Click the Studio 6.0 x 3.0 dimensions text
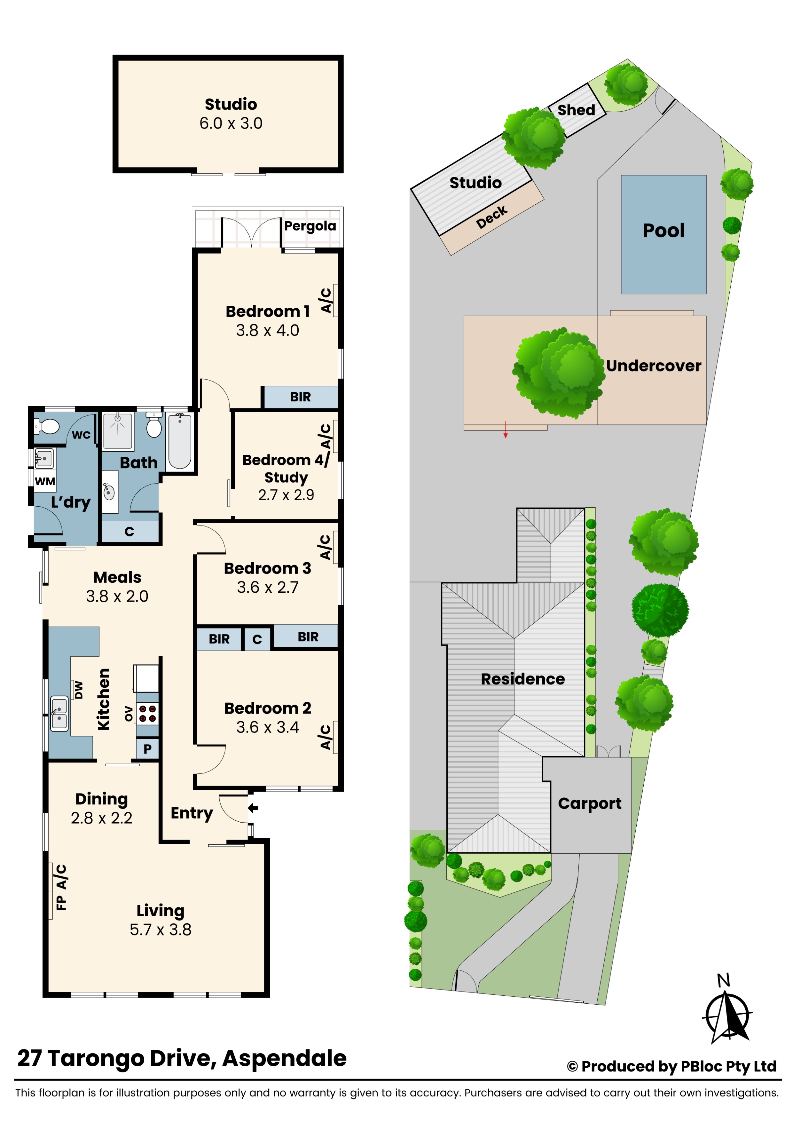tap(231, 123)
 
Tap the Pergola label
tap(310, 226)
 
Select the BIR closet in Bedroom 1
tap(300, 397)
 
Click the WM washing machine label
tap(45, 481)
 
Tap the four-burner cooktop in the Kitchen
tap(147, 714)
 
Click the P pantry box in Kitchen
tap(147, 749)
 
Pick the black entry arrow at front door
tap(253, 808)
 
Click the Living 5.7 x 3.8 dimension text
tap(160, 929)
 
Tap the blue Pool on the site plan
tap(663, 234)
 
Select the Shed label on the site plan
tap(576, 110)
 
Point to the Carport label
tap(589, 803)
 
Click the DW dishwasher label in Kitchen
tap(79, 690)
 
